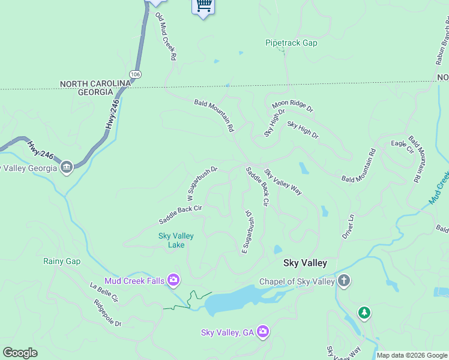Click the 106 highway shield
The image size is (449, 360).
(x=136, y=74)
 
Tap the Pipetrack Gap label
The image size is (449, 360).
(x=291, y=43)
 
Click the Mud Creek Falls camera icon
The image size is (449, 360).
(x=173, y=280)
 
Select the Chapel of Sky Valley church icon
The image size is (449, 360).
(x=343, y=280)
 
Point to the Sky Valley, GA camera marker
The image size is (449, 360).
(x=263, y=331)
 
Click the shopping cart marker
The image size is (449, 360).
(x=203, y=6)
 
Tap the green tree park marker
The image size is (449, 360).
(x=364, y=313)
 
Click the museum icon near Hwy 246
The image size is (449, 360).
(x=67, y=166)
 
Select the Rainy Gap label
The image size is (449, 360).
(x=61, y=261)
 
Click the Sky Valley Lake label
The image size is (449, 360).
(x=176, y=240)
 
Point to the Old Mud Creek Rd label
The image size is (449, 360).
(x=165, y=35)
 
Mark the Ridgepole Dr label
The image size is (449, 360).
(x=107, y=313)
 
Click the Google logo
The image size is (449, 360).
(x=20, y=353)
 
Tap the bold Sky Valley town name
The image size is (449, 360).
(x=305, y=263)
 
